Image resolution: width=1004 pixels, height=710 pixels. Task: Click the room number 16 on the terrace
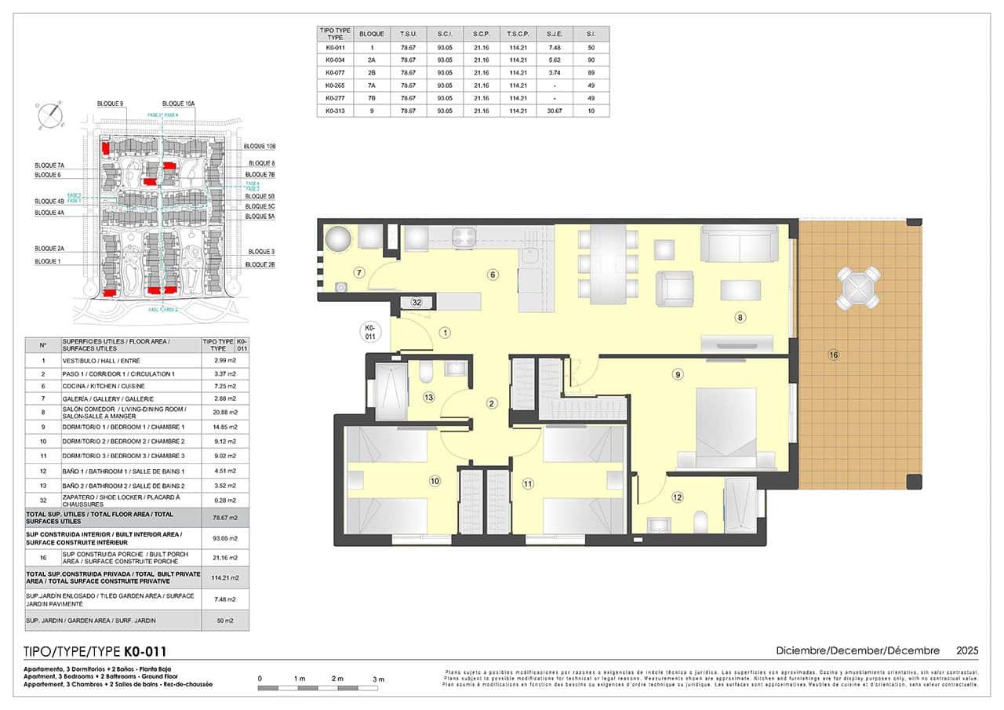(x=833, y=355)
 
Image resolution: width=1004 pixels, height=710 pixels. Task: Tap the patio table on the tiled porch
(x=857, y=288)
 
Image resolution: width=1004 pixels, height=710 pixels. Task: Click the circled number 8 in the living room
(x=739, y=318)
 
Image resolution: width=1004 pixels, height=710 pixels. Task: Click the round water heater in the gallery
(x=339, y=239)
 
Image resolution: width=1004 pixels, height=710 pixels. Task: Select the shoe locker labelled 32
(x=417, y=302)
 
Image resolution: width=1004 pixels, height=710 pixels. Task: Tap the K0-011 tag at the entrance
(x=372, y=332)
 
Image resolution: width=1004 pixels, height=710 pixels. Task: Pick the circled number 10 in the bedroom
(x=435, y=481)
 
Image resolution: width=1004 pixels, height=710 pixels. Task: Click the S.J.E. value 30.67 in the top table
(x=555, y=111)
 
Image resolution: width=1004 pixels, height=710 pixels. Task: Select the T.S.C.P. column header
(x=518, y=35)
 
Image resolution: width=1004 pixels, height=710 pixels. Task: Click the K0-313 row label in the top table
(x=335, y=111)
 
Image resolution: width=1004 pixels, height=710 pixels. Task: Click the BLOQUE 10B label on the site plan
(x=260, y=147)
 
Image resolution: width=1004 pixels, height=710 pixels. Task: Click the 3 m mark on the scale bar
(x=379, y=679)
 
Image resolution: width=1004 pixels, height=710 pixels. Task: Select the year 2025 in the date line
(x=967, y=650)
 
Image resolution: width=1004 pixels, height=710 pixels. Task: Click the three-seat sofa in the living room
(x=740, y=243)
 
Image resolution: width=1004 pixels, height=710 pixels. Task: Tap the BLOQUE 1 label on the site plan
(x=47, y=261)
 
